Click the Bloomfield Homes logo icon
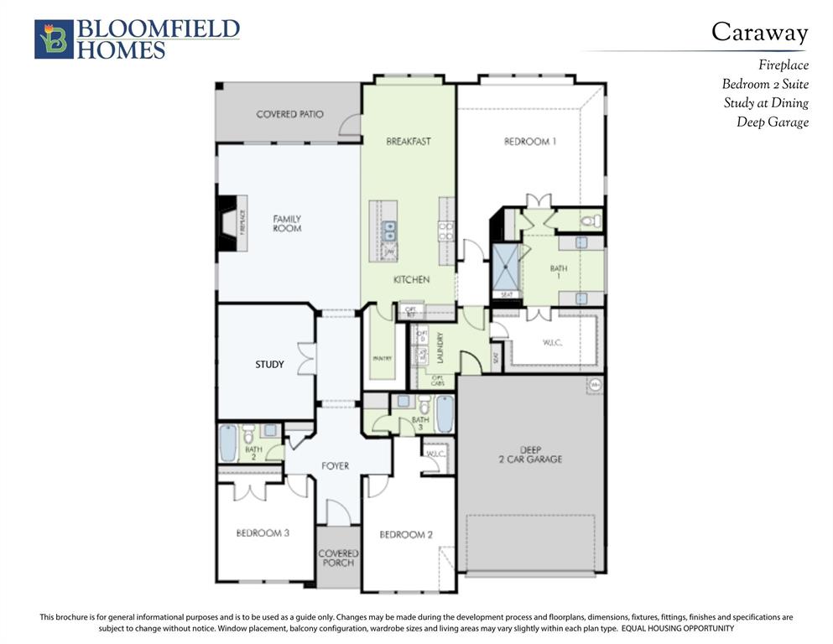point(54,39)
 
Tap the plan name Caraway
point(759,32)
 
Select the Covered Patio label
point(289,114)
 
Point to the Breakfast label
point(409,141)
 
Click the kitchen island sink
point(390,231)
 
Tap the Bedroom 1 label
point(530,141)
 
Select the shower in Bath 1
point(506,265)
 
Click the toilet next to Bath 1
point(590,221)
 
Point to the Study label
point(269,365)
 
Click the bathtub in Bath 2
point(228,443)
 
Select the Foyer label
point(336,465)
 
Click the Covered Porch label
point(338,558)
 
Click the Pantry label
point(382,359)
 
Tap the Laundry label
point(438,347)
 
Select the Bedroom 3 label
point(263,532)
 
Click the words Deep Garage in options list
point(773,122)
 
